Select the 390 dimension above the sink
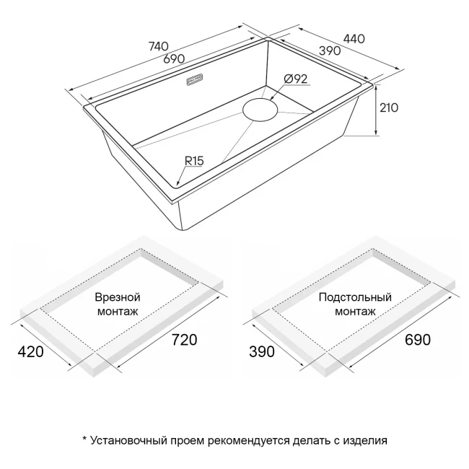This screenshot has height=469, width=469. pos(330,52)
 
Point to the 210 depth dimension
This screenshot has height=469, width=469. pos(389,108)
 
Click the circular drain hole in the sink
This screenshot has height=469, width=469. pos(261,110)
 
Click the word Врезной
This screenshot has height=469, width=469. pos(117,297)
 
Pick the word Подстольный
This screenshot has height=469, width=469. pos(354,297)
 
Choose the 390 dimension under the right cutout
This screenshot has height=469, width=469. pos(261,352)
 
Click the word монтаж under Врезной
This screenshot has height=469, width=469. pos(117,312)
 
